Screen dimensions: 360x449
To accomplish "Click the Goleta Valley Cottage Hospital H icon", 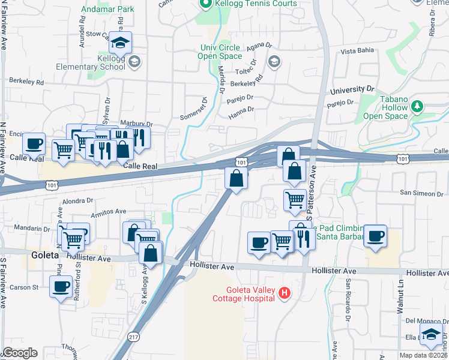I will (x=285, y=293).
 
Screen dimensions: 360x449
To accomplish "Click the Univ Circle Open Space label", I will (x=220, y=52).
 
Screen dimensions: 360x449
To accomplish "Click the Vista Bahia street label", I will (x=357, y=52).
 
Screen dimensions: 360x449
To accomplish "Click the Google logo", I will (x=20, y=353).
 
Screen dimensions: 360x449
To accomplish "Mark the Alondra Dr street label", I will (x=79, y=202).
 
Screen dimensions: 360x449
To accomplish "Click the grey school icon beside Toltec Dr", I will (x=274, y=61).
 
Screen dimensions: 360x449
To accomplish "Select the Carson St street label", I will (x=26, y=287).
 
